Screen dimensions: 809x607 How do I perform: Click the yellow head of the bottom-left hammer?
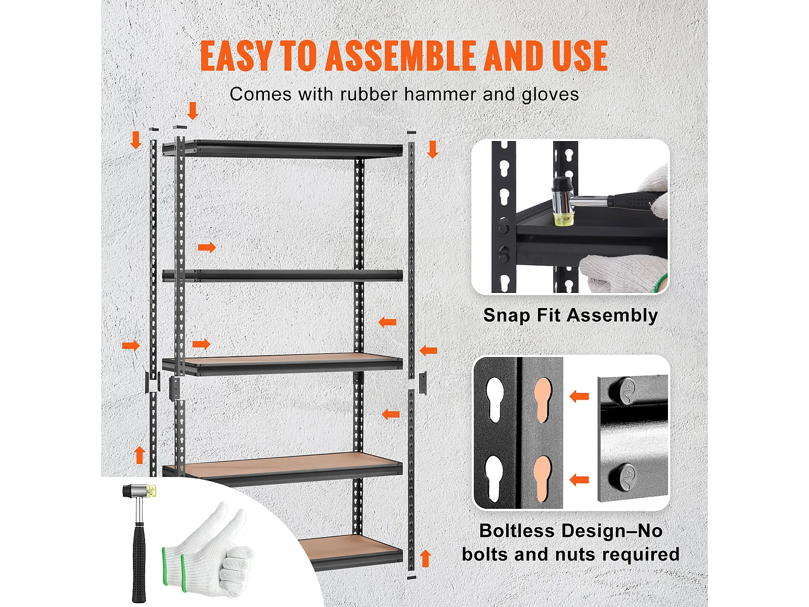151,491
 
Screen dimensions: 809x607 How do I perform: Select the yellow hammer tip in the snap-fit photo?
563,220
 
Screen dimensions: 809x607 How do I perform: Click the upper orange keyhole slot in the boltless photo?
543,400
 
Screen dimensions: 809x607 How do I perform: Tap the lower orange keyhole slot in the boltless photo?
543,479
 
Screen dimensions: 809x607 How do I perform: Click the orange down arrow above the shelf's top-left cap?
193,111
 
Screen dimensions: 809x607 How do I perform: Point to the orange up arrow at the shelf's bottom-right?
425,558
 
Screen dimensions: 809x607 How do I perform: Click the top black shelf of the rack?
282,149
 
